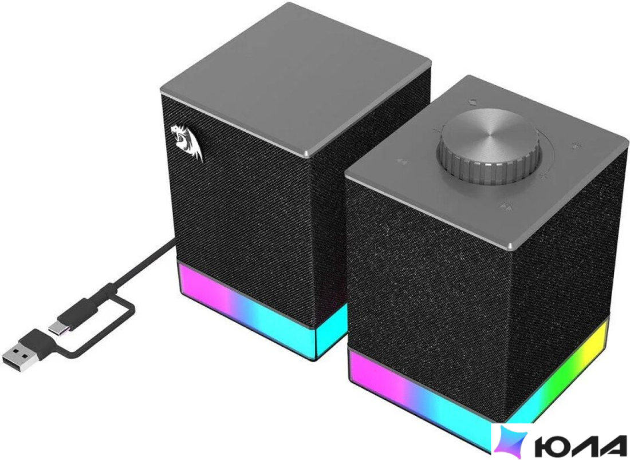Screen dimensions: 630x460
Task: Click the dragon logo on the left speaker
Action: pos(186,142)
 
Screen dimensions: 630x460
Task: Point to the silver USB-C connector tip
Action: pos(57,327)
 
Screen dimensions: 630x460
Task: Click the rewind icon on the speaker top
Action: pos(402,161)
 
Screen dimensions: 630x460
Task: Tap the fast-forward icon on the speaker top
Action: pos(506,207)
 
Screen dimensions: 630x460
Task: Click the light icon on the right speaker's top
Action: pos(577,146)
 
